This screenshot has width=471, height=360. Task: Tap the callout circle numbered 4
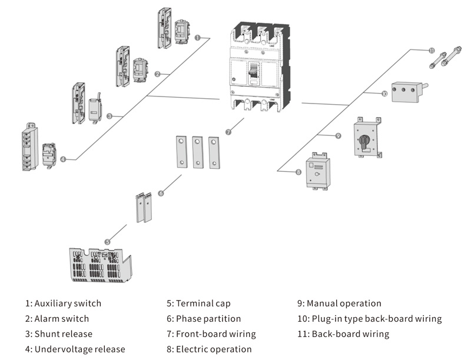pyautogui.click(x=63, y=159)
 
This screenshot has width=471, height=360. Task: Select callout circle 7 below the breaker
pyautogui.click(x=228, y=132)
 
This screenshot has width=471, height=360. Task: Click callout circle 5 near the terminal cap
pyautogui.click(x=108, y=241)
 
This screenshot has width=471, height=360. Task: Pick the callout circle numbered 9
pyautogui.click(x=338, y=136)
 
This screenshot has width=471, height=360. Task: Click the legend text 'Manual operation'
pyautogui.click(x=344, y=304)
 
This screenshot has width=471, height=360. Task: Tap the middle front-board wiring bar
pyautogui.click(x=197, y=152)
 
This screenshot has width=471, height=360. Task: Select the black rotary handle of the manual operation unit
pyautogui.click(x=365, y=141)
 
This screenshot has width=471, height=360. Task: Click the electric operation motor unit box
pyautogui.click(x=318, y=172)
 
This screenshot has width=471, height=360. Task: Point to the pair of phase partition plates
pyautogui.click(x=144, y=208)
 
